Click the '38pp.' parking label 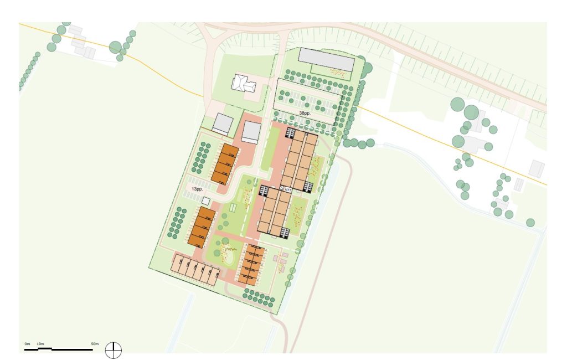[x=305, y=112]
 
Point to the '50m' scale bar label [x=95, y=344]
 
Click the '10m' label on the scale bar [x=41, y=344]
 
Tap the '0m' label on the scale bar [x=27, y=344]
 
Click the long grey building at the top [x=326, y=59]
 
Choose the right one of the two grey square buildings [x=251, y=132]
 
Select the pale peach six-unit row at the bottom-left [x=195, y=269]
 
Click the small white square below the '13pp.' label [x=206, y=200]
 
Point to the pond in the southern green [x=227, y=254]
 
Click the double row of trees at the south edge [x=259, y=299]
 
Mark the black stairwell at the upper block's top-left [x=289, y=133]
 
